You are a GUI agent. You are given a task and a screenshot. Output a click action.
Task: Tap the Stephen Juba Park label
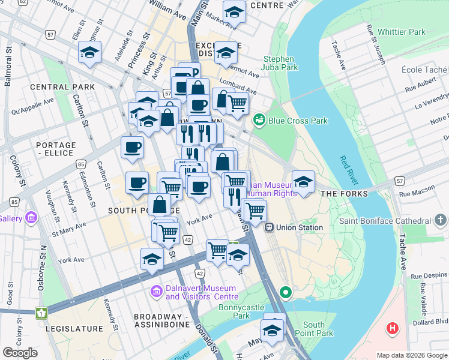280,64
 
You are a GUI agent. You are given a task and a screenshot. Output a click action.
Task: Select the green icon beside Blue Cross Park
259,121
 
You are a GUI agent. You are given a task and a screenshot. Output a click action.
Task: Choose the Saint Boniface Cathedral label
393,221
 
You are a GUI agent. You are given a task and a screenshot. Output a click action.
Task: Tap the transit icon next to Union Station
270,227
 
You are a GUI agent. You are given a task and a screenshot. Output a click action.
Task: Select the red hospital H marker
393,328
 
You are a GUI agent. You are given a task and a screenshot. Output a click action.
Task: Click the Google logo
20,353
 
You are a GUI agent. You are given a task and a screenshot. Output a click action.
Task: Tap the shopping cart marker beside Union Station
256,211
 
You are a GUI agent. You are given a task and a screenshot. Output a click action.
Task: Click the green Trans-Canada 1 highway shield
41,313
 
